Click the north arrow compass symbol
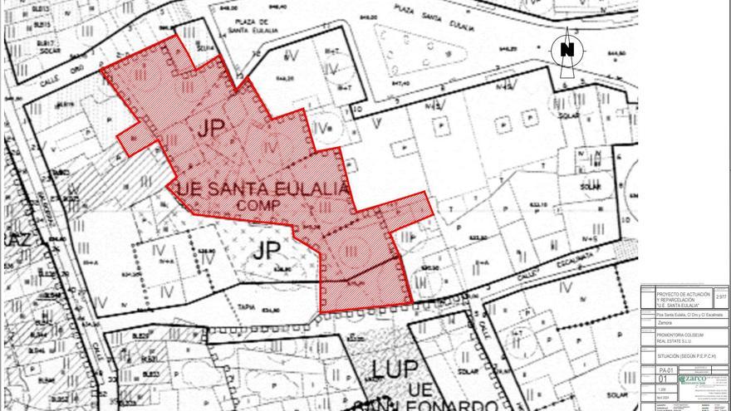pyautogui.click(x=567, y=51)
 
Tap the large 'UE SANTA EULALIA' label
pyautogui.click(x=259, y=189)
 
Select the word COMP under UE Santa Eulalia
pyautogui.click(x=259, y=204)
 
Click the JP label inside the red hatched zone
pyautogui.click(x=212, y=129)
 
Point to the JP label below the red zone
pyautogui.click(x=268, y=250)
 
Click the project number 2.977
pyautogui.click(x=720, y=296)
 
